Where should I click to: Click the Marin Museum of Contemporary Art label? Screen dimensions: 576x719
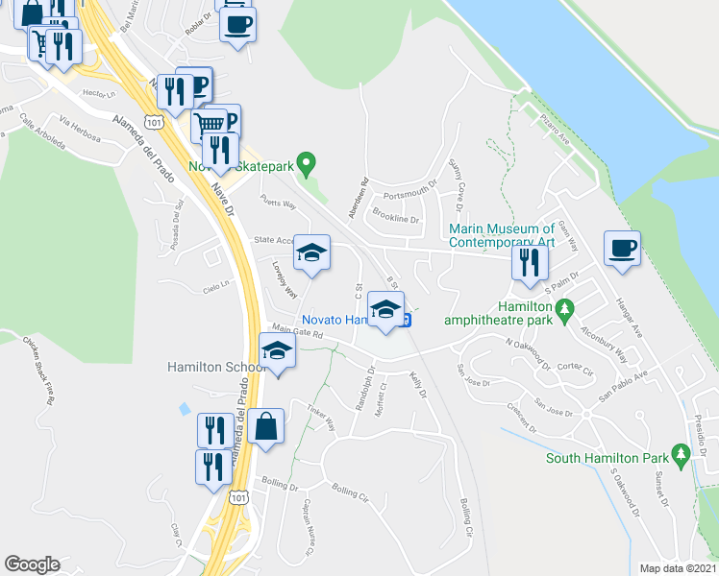tap(503, 235)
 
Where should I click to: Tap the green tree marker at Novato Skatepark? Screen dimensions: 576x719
tap(307, 164)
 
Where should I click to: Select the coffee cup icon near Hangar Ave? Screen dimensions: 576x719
tap(622, 249)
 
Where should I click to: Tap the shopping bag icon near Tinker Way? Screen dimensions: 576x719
tap(266, 426)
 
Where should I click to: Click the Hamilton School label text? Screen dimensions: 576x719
tap(215, 367)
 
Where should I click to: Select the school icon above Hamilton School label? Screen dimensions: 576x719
tap(277, 350)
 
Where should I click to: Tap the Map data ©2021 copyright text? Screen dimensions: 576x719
tap(678, 568)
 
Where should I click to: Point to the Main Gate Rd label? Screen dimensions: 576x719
tap(295, 331)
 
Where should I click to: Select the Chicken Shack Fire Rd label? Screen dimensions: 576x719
tap(40, 371)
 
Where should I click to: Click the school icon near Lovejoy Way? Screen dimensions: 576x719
tap(311, 252)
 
